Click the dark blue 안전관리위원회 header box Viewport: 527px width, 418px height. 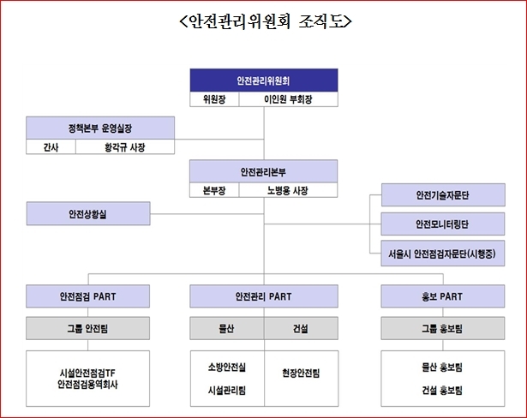pyautogui.click(x=264, y=81)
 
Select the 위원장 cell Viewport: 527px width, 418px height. pyautogui.click(x=214, y=99)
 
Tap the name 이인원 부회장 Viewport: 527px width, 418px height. pyautogui.click(x=288, y=99)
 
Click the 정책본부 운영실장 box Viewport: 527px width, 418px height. pyautogui.click(x=100, y=128)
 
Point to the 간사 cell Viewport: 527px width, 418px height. pyautogui.click(x=51, y=146)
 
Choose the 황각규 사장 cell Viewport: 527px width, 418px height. pyautogui.click(x=125, y=146)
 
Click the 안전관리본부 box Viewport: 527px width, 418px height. pyautogui.click(x=264, y=171)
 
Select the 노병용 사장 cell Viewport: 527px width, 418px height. pyautogui.click(x=288, y=190)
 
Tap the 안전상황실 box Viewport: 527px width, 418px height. pyautogui.click(x=88, y=213)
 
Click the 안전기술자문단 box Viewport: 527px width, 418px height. pyautogui.click(x=443, y=195)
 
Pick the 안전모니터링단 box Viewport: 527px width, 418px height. pyautogui.click(x=443, y=224)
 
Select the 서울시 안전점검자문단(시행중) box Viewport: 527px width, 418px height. pyautogui.click(x=443, y=254)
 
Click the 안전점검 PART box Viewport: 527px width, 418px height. pyautogui.click(x=87, y=296)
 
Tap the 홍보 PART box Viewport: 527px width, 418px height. pyautogui.click(x=443, y=296)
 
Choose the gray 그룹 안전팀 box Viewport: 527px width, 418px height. pyautogui.click(x=87, y=328)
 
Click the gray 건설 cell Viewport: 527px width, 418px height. pyautogui.click(x=301, y=328)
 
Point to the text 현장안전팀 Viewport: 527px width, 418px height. pyautogui.click(x=301, y=373)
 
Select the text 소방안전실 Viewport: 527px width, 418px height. pyautogui.click(x=227, y=367)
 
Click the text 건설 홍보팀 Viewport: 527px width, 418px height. pyautogui.click(x=442, y=391)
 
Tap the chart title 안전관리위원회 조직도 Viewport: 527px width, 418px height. pyautogui.click(x=266, y=21)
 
